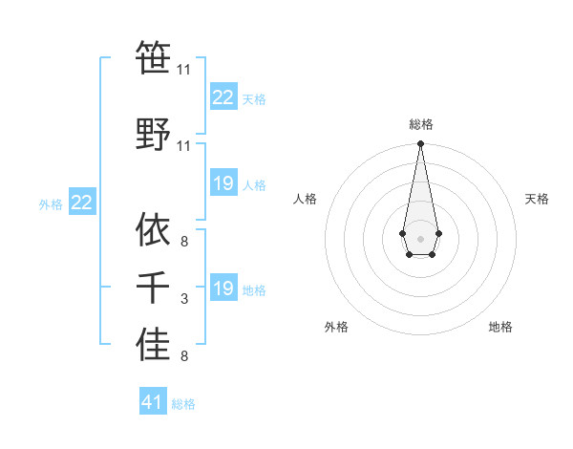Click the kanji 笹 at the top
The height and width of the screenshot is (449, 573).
pos(153,57)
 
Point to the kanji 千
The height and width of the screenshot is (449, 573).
pos(153,289)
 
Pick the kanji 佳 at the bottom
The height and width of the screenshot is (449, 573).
pos(153,345)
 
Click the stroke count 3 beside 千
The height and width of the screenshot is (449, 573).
pos(183,300)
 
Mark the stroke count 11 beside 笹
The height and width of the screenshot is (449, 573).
pos(183,70)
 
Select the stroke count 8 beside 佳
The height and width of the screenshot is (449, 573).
pos(183,357)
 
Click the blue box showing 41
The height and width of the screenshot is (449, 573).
pos(153,402)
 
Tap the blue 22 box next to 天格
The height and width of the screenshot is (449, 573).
pos(223,97)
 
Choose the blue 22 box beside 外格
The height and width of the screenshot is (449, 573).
pos(82,203)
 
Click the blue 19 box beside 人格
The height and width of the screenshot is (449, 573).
pos(223,183)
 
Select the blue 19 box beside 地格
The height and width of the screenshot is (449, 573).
pos(223,289)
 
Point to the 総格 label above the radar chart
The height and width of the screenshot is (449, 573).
pos(421,124)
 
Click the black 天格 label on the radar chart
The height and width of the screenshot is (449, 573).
pos(537,199)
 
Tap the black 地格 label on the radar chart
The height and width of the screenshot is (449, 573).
pos(500,327)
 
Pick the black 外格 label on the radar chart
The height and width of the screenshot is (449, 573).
pos(336,327)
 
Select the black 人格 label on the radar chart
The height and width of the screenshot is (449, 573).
pos(305,199)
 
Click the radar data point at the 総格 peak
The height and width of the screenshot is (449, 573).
pos(420,144)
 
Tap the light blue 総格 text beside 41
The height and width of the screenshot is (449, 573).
pos(183,404)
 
